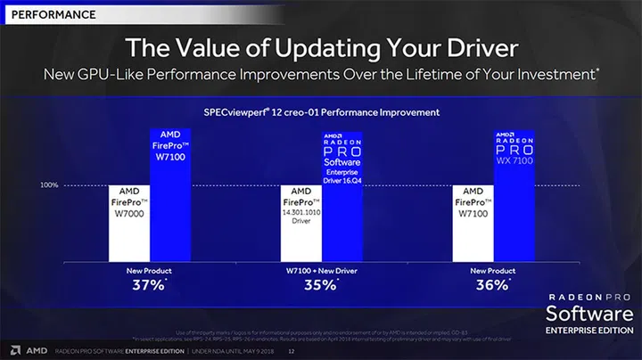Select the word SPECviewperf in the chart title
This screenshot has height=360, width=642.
[x=235, y=112]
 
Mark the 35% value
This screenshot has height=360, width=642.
[x=320, y=285]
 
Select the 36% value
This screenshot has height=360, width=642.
[x=492, y=285]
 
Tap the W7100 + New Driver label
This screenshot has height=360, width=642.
[x=321, y=269]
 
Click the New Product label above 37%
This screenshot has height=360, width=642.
[x=148, y=269]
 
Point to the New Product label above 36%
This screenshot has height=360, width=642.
[x=494, y=269]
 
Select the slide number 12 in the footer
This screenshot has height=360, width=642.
[x=291, y=351]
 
